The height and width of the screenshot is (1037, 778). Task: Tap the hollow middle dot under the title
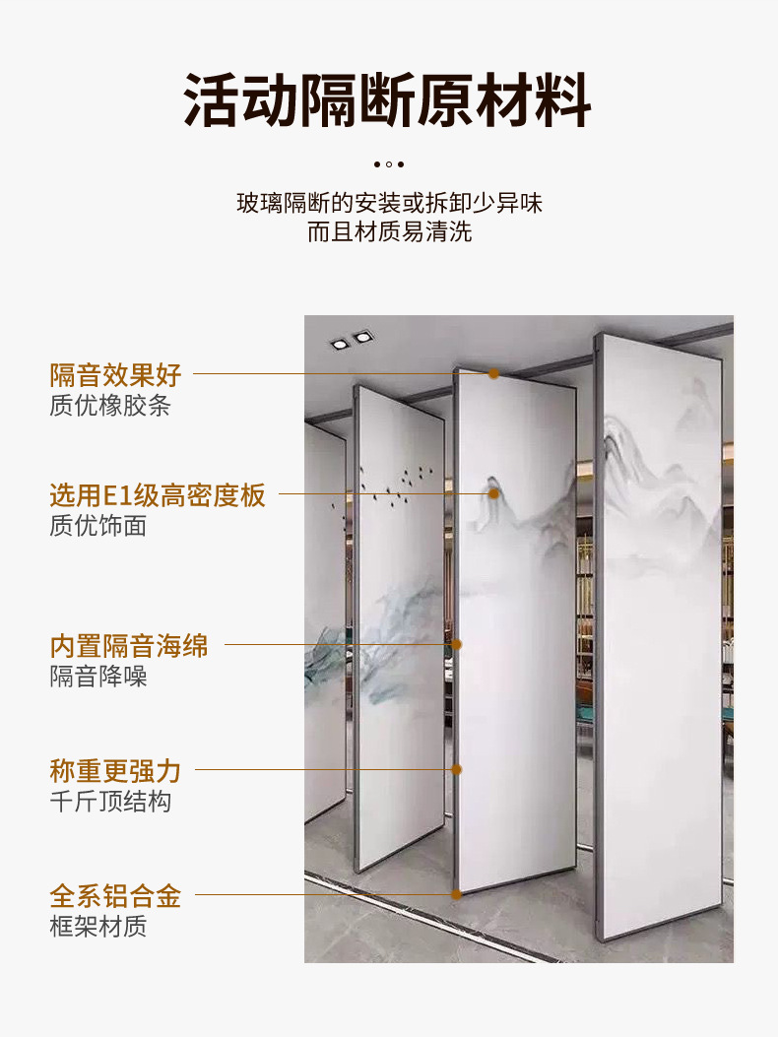389,164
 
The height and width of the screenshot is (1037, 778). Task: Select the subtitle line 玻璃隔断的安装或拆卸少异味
389,204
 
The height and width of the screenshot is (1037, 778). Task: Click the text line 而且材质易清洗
389,232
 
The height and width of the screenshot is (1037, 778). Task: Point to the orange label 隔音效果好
116,374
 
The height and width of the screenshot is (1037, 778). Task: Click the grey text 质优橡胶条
109,405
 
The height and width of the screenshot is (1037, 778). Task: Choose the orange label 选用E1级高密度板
158,495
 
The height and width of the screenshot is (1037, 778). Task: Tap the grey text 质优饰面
97,526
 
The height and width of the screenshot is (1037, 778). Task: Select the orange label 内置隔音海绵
129,646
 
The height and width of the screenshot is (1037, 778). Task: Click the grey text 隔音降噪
97,677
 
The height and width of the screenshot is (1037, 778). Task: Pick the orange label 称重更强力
116,770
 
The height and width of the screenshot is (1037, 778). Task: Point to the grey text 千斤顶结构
109,801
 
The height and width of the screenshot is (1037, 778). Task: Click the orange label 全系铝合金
116,896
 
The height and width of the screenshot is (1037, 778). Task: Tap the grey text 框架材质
97,927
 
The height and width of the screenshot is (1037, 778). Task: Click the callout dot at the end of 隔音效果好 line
493,374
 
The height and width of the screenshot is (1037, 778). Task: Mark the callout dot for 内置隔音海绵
457,645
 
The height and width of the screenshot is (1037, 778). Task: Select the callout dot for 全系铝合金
457,894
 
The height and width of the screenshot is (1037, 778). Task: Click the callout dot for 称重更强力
457,769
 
